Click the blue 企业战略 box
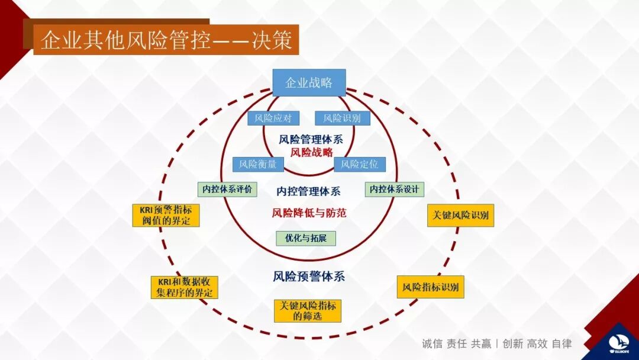(x=309, y=82)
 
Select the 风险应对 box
(x=273, y=118)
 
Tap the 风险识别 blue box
(x=342, y=118)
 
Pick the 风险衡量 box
(x=258, y=164)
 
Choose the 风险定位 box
(x=360, y=164)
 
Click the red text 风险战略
(x=311, y=152)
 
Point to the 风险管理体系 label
(x=311, y=140)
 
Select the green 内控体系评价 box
(x=227, y=189)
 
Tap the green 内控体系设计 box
(x=394, y=189)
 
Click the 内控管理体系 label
(x=309, y=191)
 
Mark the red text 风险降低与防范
(x=309, y=213)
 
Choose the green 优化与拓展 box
(x=306, y=238)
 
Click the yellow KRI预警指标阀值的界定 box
(x=166, y=216)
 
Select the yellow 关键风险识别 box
(x=460, y=216)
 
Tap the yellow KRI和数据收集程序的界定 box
(x=184, y=287)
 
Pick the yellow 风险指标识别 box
(x=430, y=287)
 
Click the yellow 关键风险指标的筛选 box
(x=308, y=311)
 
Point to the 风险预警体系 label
(x=309, y=277)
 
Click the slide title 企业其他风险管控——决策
(x=166, y=40)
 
